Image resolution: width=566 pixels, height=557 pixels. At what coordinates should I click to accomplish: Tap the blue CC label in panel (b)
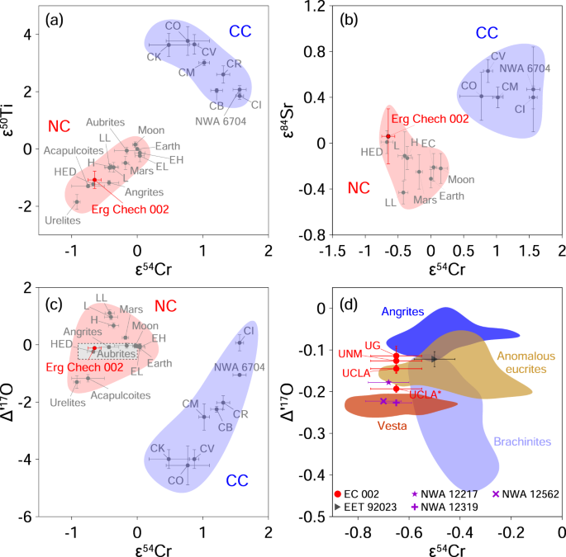click(487, 33)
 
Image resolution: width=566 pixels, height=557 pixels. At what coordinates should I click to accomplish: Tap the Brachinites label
click(522, 441)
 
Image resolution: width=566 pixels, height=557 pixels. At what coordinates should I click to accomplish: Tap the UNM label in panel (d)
click(351, 353)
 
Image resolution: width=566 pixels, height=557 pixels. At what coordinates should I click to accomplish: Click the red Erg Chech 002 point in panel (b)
click(388, 136)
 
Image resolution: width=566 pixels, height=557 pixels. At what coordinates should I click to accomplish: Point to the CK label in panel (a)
click(154, 57)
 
